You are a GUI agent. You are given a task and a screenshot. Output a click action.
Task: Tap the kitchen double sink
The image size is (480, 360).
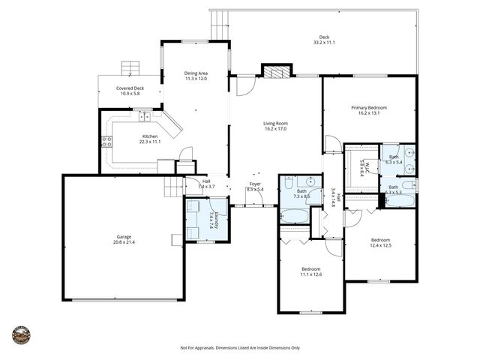[145, 116]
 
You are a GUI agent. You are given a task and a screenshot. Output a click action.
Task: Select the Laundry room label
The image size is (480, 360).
[214, 220]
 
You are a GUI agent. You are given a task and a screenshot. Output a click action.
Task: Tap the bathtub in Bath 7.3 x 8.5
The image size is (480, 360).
[293, 216]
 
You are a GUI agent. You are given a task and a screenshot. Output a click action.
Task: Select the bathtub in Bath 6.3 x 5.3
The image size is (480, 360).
[399, 199]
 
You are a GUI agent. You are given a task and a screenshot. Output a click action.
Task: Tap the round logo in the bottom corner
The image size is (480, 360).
[21, 334]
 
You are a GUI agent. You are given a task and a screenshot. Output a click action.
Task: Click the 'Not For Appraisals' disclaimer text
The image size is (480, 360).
[240, 348]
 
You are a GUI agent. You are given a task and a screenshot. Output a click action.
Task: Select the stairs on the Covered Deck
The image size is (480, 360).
[130, 68]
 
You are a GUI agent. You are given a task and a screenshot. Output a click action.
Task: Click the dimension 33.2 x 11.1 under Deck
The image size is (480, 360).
[324, 43]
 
